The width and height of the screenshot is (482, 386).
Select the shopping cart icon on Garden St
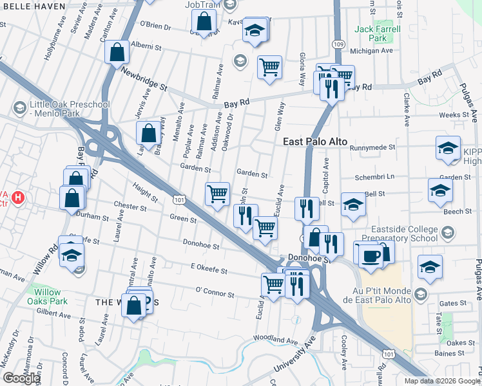coord(217,193)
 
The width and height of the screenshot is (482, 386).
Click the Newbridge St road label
coord(146,80)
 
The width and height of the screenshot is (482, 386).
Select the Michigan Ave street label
coord(371,51)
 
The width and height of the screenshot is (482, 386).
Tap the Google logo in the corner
coord(21,378)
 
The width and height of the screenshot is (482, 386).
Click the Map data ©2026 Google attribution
coord(441,381)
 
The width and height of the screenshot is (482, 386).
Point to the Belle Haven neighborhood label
coord(33,6)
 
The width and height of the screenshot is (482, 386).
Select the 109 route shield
coord(338,44)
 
